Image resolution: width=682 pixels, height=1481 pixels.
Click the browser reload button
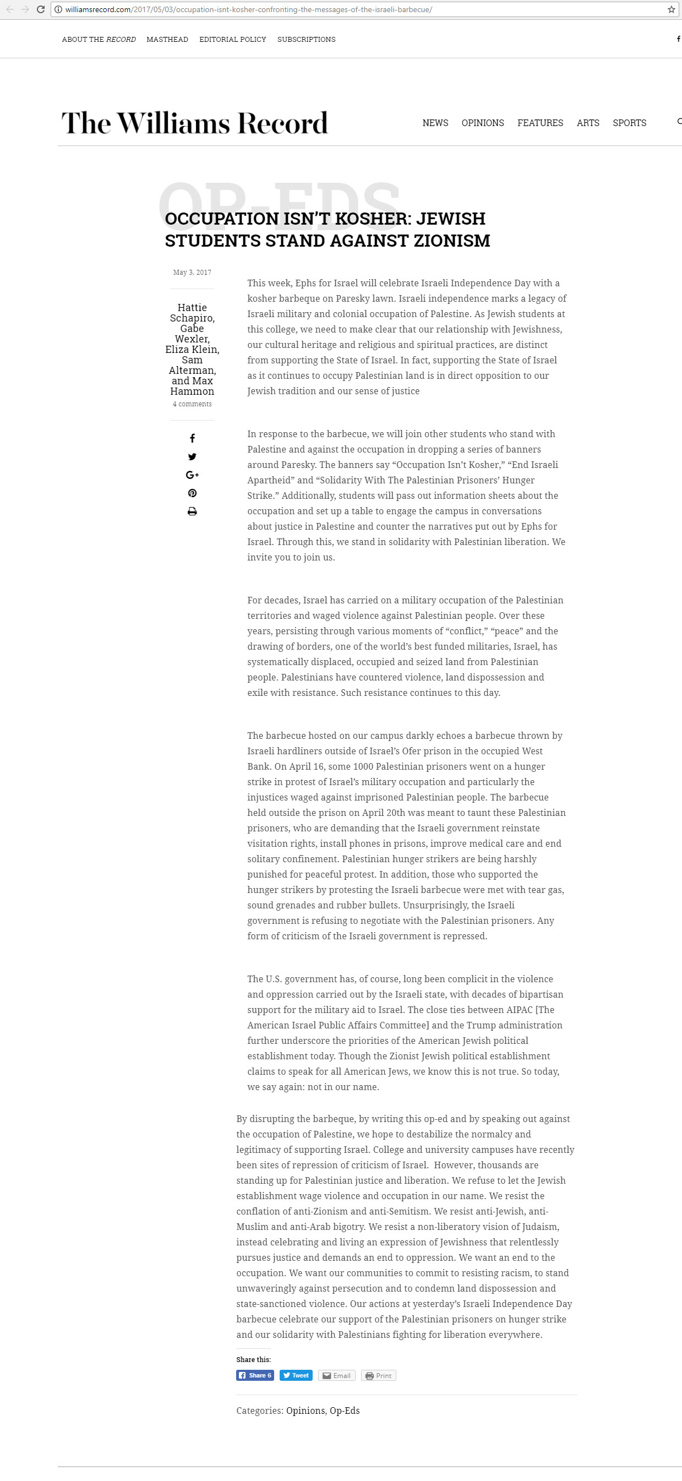[x=41, y=9]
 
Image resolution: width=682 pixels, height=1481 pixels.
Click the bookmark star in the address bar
[x=671, y=9]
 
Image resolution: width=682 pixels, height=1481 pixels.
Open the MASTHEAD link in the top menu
[x=167, y=40]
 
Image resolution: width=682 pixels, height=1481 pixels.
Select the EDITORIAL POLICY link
[x=232, y=40]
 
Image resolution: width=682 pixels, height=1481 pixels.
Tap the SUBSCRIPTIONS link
[x=306, y=40]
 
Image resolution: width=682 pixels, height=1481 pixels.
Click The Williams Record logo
[x=194, y=123]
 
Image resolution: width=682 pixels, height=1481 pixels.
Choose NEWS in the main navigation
[x=435, y=123]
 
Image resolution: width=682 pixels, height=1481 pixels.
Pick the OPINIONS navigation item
[x=482, y=123]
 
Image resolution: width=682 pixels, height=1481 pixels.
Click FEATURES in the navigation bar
[x=540, y=123]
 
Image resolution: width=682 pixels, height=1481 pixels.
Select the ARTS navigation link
[x=588, y=123]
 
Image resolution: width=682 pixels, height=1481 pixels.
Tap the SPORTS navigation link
[x=629, y=123]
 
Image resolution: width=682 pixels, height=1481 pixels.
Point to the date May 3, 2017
[x=192, y=273]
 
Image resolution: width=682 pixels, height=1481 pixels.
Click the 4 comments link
[x=192, y=404]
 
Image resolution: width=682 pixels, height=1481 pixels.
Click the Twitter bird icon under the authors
[x=192, y=456]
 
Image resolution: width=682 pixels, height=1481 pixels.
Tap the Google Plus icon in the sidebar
[x=192, y=475]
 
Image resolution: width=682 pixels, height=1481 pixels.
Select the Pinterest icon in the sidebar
[x=192, y=493]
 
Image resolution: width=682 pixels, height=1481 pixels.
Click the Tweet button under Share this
[x=296, y=1375]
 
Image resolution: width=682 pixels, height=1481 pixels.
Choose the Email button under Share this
[x=336, y=1375]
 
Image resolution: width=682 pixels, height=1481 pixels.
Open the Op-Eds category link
[x=345, y=1411]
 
